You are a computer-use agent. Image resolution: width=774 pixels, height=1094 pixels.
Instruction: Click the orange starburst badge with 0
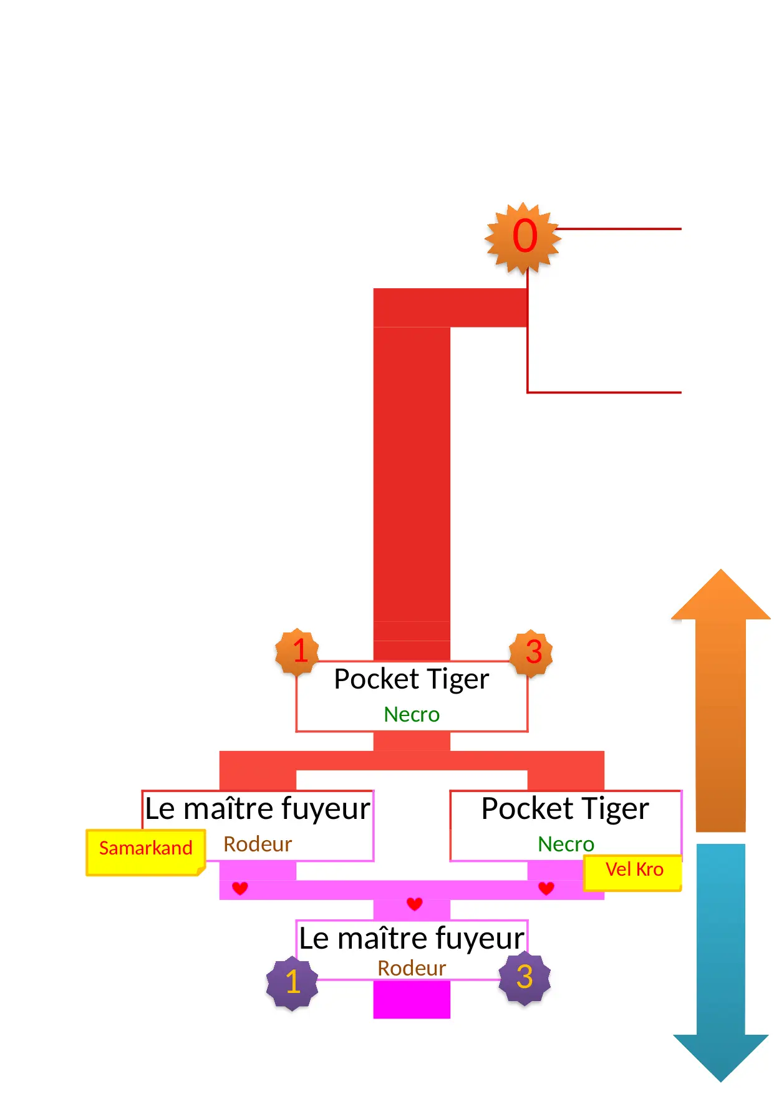point(524,238)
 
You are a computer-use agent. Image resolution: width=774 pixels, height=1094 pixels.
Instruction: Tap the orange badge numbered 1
point(298,651)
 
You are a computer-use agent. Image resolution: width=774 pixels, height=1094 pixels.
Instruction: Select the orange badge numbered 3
point(531,652)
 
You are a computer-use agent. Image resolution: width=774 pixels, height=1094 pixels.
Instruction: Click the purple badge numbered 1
point(292,982)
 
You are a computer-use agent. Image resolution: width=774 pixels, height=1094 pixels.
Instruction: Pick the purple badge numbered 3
point(525,977)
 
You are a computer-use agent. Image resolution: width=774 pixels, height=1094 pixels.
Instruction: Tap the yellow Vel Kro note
point(633,871)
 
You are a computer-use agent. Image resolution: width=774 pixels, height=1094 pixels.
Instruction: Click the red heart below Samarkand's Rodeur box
point(240,888)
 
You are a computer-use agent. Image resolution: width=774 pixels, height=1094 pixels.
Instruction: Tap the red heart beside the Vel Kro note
point(546,888)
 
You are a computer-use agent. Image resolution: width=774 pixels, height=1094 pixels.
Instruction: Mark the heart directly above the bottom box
point(415,904)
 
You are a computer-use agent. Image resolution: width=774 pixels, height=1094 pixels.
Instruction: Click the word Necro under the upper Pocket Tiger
point(412,715)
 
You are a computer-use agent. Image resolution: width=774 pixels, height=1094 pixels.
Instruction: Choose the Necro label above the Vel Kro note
point(566,844)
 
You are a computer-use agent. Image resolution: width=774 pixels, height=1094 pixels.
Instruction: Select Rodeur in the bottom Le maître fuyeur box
point(412,969)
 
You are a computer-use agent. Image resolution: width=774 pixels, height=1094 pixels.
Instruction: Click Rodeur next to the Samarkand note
point(258,845)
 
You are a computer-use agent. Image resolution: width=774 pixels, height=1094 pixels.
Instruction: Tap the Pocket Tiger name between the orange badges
point(412,679)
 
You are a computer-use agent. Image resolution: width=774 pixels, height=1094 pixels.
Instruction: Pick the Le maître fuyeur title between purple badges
point(412,939)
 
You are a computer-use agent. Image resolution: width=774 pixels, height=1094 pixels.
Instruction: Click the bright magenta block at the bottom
point(412,1000)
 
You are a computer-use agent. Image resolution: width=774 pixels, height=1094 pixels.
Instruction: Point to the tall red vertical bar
point(412,474)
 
